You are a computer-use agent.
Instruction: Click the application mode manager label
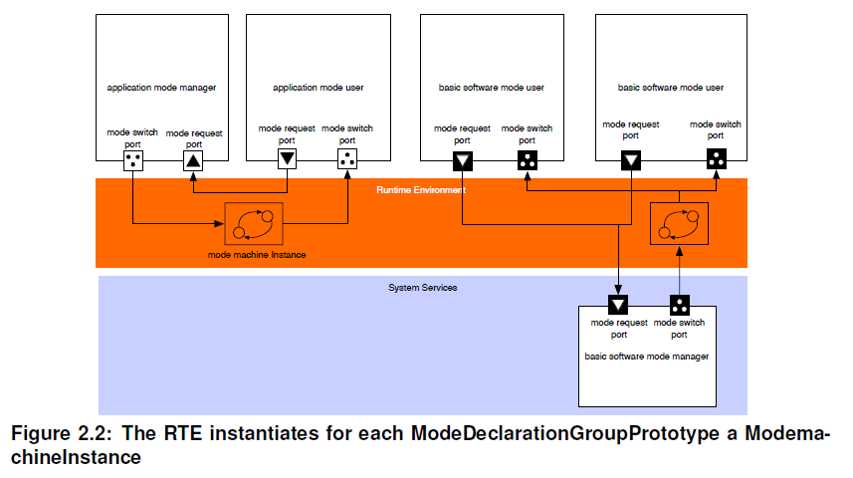pyautogui.click(x=161, y=88)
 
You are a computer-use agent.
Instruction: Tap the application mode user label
pyautogui.click(x=319, y=88)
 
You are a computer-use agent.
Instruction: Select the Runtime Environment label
pyautogui.click(x=421, y=190)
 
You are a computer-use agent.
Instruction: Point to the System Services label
pyautogui.click(x=423, y=288)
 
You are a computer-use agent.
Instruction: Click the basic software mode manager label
pyautogui.click(x=647, y=357)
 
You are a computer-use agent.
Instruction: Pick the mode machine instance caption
pyautogui.click(x=257, y=255)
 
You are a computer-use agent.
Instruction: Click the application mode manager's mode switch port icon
pyautogui.click(x=133, y=161)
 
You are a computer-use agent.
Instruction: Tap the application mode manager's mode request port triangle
pyautogui.click(x=193, y=161)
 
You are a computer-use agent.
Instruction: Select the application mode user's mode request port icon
pyautogui.click(x=288, y=159)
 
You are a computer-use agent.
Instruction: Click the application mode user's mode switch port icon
pyautogui.click(x=347, y=159)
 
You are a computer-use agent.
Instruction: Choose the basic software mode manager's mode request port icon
pyautogui.click(x=618, y=305)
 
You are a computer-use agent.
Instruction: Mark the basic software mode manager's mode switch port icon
pyautogui.click(x=680, y=305)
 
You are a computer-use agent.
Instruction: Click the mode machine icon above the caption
pyautogui.click(x=254, y=224)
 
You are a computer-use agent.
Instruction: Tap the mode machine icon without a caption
pyautogui.click(x=680, y=224)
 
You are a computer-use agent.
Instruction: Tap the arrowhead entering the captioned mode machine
pyautogui.click(x=219, y=223)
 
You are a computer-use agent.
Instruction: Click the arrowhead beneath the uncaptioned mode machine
pyautogui.click(x=680, y=251)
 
